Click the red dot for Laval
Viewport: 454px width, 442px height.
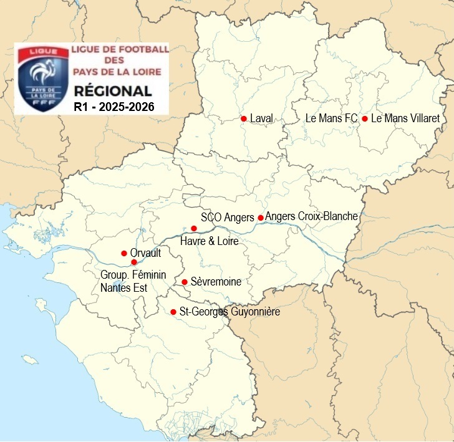[x=244, y=118]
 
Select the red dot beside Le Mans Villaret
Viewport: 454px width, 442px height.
[x=364, y=118]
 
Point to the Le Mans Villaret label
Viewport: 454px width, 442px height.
[x=405, y=118]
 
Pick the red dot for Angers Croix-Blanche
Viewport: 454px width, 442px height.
[x=261, y=218]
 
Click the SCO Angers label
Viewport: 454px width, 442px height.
[x=228, y=218]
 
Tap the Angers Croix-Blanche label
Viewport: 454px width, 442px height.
[x=311, y=217]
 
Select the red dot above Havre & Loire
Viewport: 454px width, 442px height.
[x=195, y=229]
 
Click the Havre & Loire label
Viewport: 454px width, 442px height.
[x=209, y=241]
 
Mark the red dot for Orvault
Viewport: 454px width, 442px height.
[x=123, y=253]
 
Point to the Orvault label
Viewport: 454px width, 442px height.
[x=146, y=253]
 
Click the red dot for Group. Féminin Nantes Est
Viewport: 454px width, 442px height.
[x=134, y=262]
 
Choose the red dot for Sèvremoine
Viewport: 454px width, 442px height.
[x=185, y=282]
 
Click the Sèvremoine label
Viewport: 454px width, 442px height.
[x=216, y=282]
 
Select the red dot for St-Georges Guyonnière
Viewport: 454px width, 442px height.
[x=173, y=312]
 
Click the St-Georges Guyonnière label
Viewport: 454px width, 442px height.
[x=229, y=312]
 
